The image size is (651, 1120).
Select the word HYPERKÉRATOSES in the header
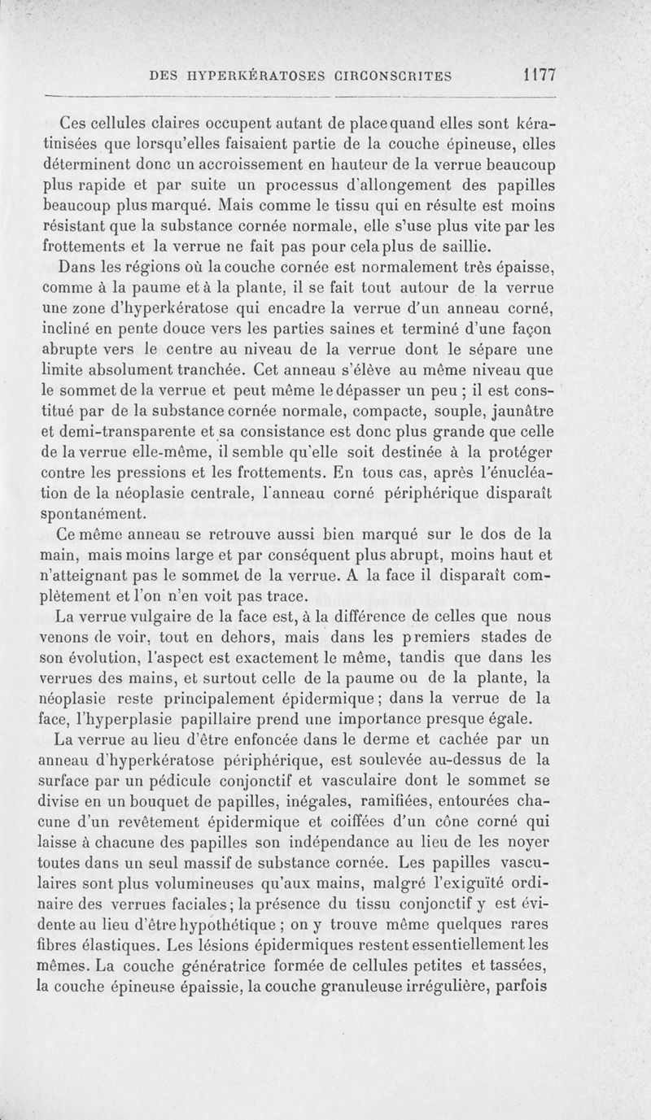coord(258,77)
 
